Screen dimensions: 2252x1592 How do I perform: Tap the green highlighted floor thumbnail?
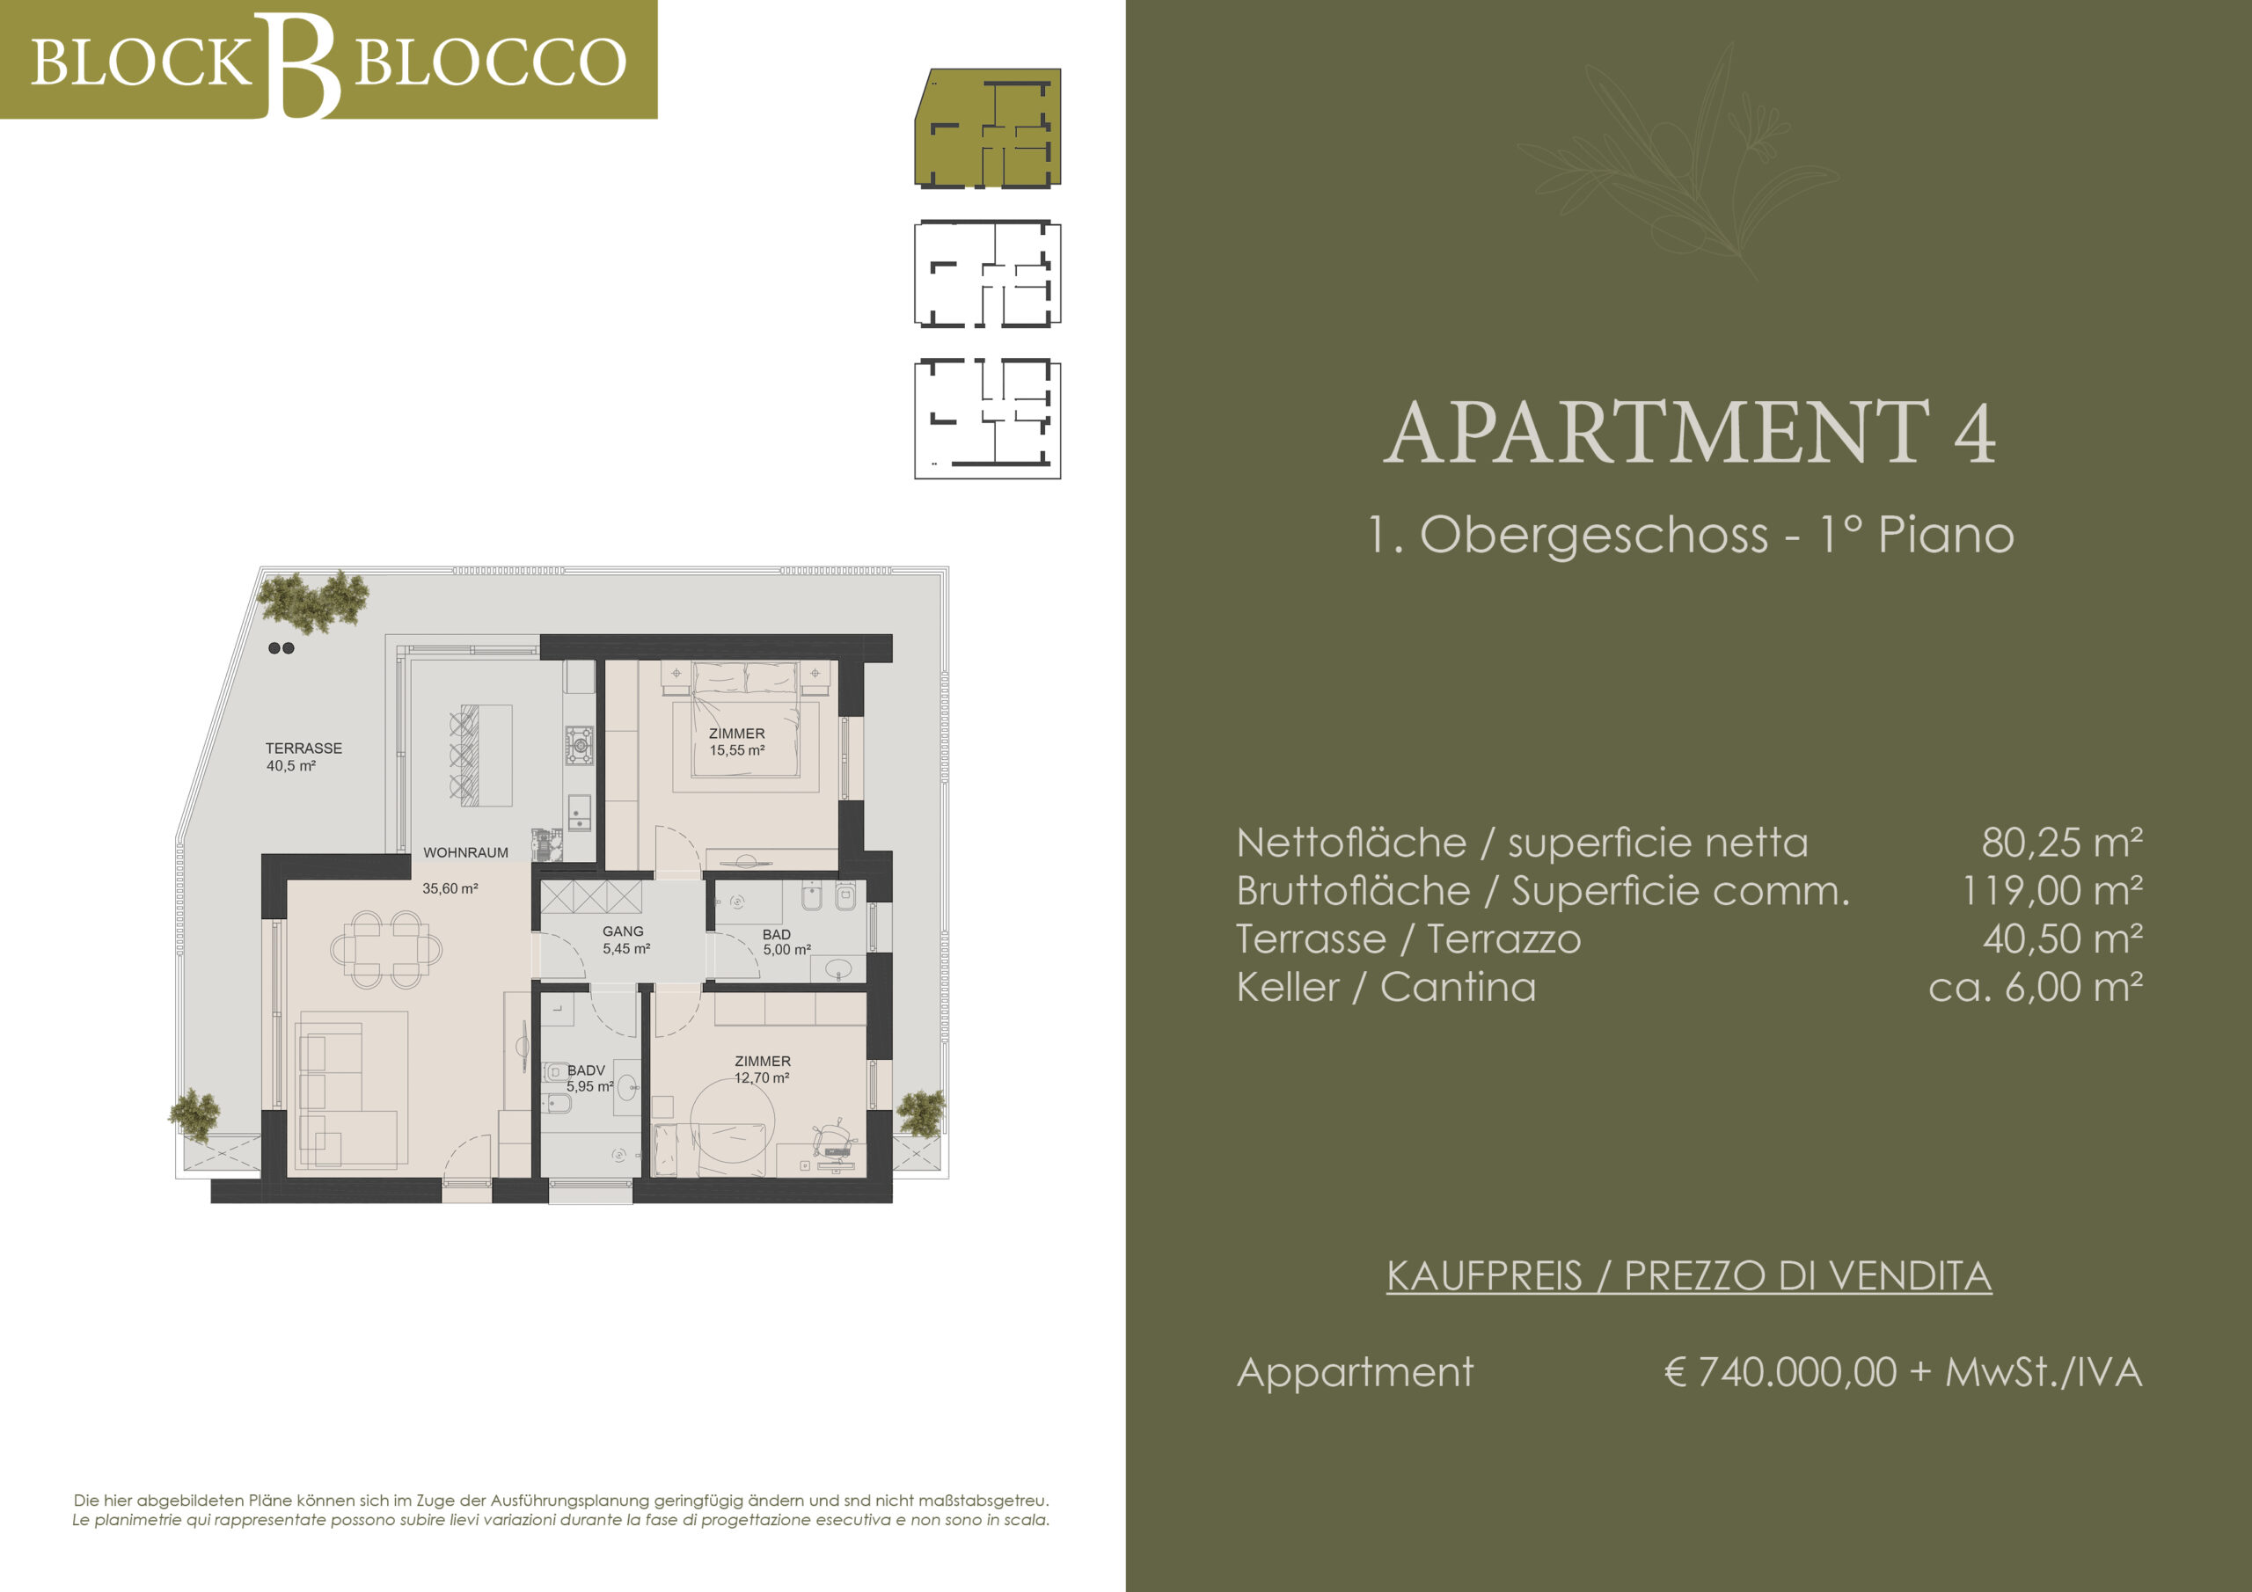(x=988, y=128)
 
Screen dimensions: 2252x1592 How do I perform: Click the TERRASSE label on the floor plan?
(x=304, y=749)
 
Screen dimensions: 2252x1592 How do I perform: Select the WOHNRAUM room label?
(x=466, y=853)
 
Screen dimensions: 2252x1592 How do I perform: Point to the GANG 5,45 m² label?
(x=625, y=939)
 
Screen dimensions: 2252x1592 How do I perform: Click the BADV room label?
(x=586, y=1070)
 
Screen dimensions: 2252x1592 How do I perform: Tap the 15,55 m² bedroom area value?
(x=737, y=750)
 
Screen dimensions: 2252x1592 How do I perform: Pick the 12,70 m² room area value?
(x=762, y=1078)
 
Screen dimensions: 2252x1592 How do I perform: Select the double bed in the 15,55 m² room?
(x=745, y=719)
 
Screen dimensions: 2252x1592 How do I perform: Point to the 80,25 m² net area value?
(x=2062, y=843)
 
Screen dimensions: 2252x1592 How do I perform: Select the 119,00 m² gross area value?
(x=2052, y=891)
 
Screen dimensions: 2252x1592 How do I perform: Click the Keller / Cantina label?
(x=1386, y=987)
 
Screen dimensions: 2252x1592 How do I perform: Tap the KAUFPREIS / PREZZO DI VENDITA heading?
(x=1689, y=1276)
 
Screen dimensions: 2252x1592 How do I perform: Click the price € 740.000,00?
(x=1780, y=1372)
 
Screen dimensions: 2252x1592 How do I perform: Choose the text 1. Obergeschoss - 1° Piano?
(x=1690, y=535)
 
